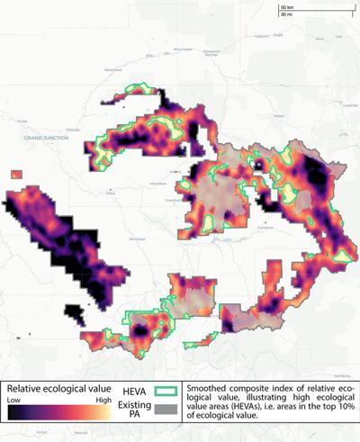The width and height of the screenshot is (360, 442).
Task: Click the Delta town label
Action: pos(111,192)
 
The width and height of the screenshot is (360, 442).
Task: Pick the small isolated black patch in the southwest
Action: pos(74,317)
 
